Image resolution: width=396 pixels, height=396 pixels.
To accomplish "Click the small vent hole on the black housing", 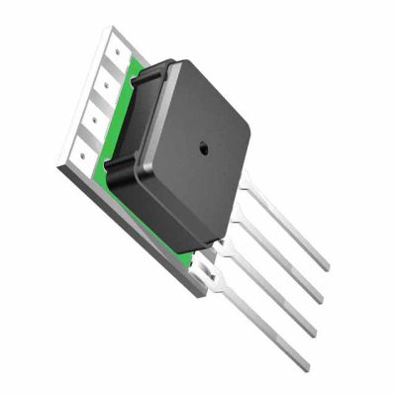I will pyautogui.click(x=203, y=148).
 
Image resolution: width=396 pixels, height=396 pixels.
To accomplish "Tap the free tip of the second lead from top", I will pyautogui.click(x=319, y=300).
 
